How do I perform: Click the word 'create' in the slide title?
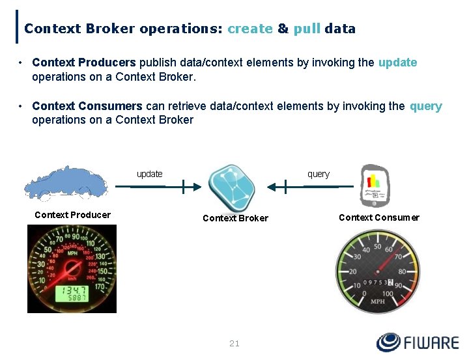click(x=249, y=29)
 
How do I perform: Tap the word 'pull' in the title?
click(x=307, y=29)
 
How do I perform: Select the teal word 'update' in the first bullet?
click(x=397, y=62)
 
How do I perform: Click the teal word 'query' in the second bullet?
click(x=426, y=106)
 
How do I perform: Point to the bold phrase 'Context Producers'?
click(x=83, y=62)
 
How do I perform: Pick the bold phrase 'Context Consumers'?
click(x=87, y=106)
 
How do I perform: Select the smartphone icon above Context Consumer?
click(x=375, y=185)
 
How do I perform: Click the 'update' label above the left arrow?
click(x=149, y=174)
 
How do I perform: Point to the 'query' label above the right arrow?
click(x=319, y=174)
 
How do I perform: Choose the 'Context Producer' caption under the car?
click(x=72, y=215)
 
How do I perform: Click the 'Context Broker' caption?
click(x=235, y=218)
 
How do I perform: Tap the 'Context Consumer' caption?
click(x=379, y=217)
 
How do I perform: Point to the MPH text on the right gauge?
click(x=377, y=301)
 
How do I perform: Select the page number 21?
click(x=234, y=343)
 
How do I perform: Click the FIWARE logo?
click(x=417, y=342)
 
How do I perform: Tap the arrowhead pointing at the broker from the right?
click(x=272, y=187)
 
